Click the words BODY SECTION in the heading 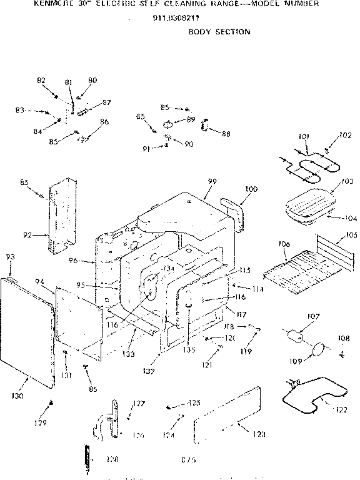click(x=219, y=31)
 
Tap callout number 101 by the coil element click(x=304, y=136)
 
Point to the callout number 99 click(x=212, y=181)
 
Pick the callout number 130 click(x=18, y=396)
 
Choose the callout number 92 click(x=27, y=235)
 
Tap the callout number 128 click(x=112, y=459)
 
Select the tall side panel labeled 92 click(x=61, y=212)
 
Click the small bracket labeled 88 click(x=204, y=127)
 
